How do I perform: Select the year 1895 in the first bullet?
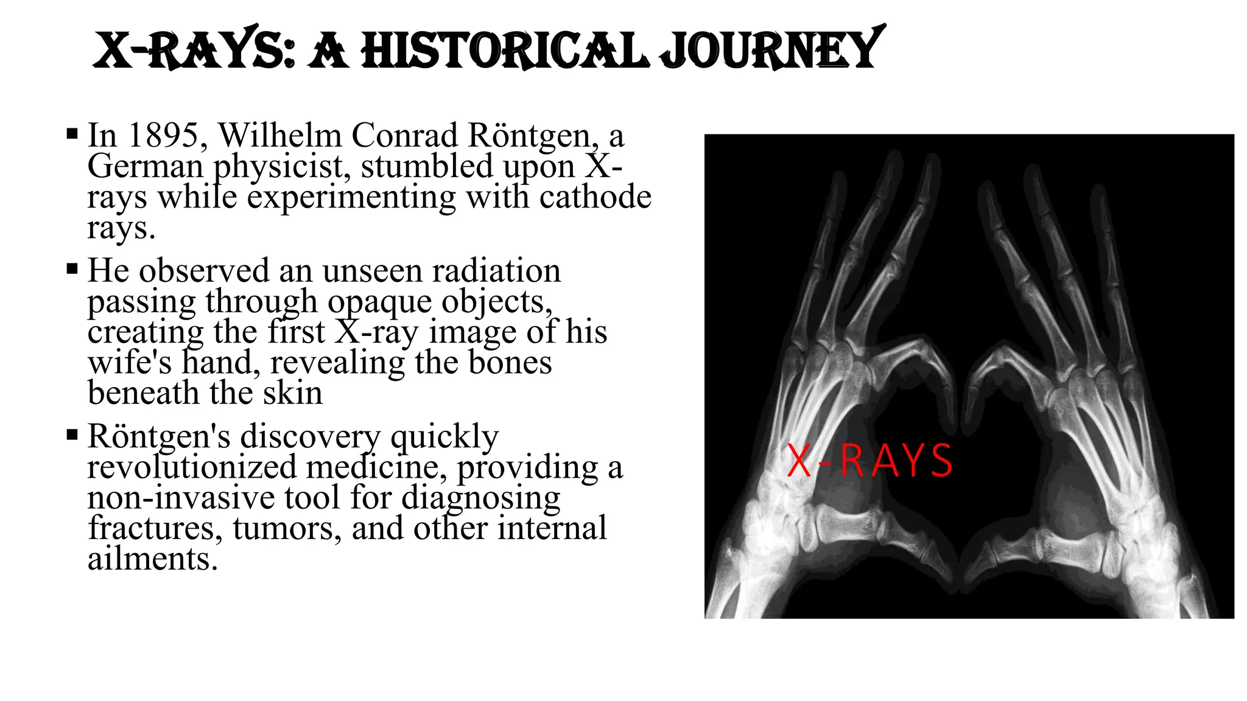(163, 135)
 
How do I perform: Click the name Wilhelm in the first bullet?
(279, 135)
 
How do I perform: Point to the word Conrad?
(404, 135)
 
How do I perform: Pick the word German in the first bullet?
(145, 166)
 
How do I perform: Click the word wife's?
(129, 363)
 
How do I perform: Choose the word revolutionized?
(191, 467)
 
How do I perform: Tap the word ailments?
(152, 559)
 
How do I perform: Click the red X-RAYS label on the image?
(869, 461)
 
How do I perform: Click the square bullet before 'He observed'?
(72, 269)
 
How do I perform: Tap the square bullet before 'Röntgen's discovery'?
(72, 435)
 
